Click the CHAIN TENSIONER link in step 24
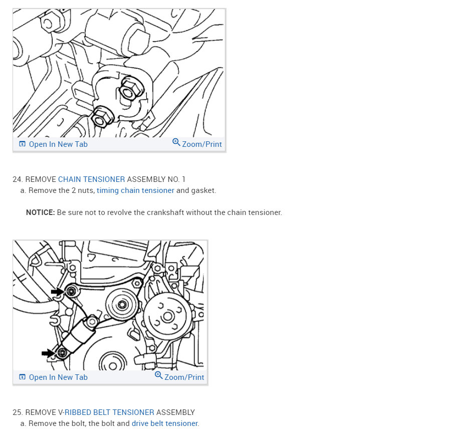91,179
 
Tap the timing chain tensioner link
135,190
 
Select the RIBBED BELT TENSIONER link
109,412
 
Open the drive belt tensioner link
165,423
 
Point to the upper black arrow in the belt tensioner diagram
57,292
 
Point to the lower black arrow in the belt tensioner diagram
48,353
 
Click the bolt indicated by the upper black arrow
71,292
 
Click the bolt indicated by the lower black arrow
62,353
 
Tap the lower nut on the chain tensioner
102,117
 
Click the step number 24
18,179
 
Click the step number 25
18,412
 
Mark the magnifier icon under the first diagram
176,142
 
